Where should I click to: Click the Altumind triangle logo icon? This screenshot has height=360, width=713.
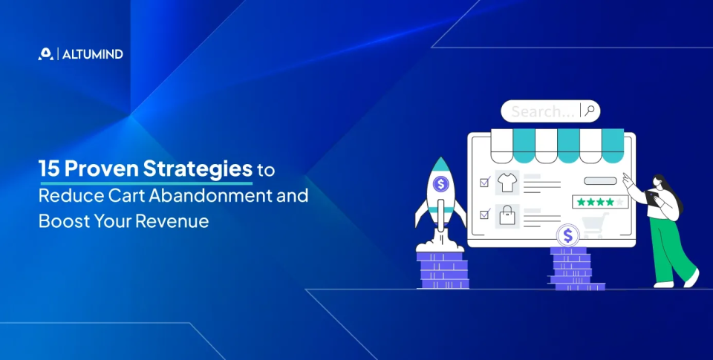[45, 53]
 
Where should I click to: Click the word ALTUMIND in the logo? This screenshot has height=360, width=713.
[93, 54]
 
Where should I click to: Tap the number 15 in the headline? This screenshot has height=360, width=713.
[49, 168]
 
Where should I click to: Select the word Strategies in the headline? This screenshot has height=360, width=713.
[198, 169]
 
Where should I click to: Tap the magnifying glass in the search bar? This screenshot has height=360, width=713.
[590, 111]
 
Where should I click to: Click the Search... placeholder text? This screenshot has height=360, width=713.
[543, 111]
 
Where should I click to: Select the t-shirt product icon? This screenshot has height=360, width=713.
[507, 183]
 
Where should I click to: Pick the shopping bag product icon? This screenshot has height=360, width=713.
[507, 216]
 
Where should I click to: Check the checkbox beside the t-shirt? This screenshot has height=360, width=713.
[485, 183]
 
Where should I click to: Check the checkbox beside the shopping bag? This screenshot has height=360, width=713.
[485, 214]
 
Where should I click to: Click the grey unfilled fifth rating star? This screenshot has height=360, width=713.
[619, 202]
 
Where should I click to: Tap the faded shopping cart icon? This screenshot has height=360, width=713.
[595, 225]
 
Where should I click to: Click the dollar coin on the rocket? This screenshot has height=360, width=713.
[440, 184]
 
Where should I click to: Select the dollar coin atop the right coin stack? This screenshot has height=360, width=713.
[567, 235]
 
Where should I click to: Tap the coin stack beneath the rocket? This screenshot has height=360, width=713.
[443, 270]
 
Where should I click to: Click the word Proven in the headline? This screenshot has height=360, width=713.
[102, 168]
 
